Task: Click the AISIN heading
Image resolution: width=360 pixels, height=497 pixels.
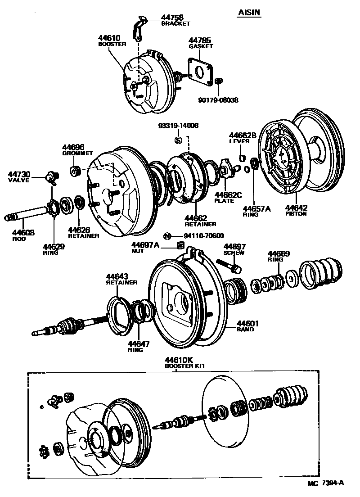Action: [249, 14]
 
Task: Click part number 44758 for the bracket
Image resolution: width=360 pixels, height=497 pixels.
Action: [171, 18]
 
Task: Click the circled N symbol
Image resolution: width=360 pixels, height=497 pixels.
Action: [167, 236]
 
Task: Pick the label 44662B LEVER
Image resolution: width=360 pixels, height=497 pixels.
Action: [243, 138]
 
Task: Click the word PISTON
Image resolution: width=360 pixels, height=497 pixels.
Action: [296, 213]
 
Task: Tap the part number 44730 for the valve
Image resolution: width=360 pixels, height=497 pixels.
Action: [18, 174]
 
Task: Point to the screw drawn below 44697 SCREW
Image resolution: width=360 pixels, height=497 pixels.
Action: [229, 265]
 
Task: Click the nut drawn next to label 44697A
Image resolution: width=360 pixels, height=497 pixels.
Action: [180, 245]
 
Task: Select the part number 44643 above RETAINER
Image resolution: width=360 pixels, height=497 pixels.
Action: [117, 276]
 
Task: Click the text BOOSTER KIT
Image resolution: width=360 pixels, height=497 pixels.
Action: [184, 366]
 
